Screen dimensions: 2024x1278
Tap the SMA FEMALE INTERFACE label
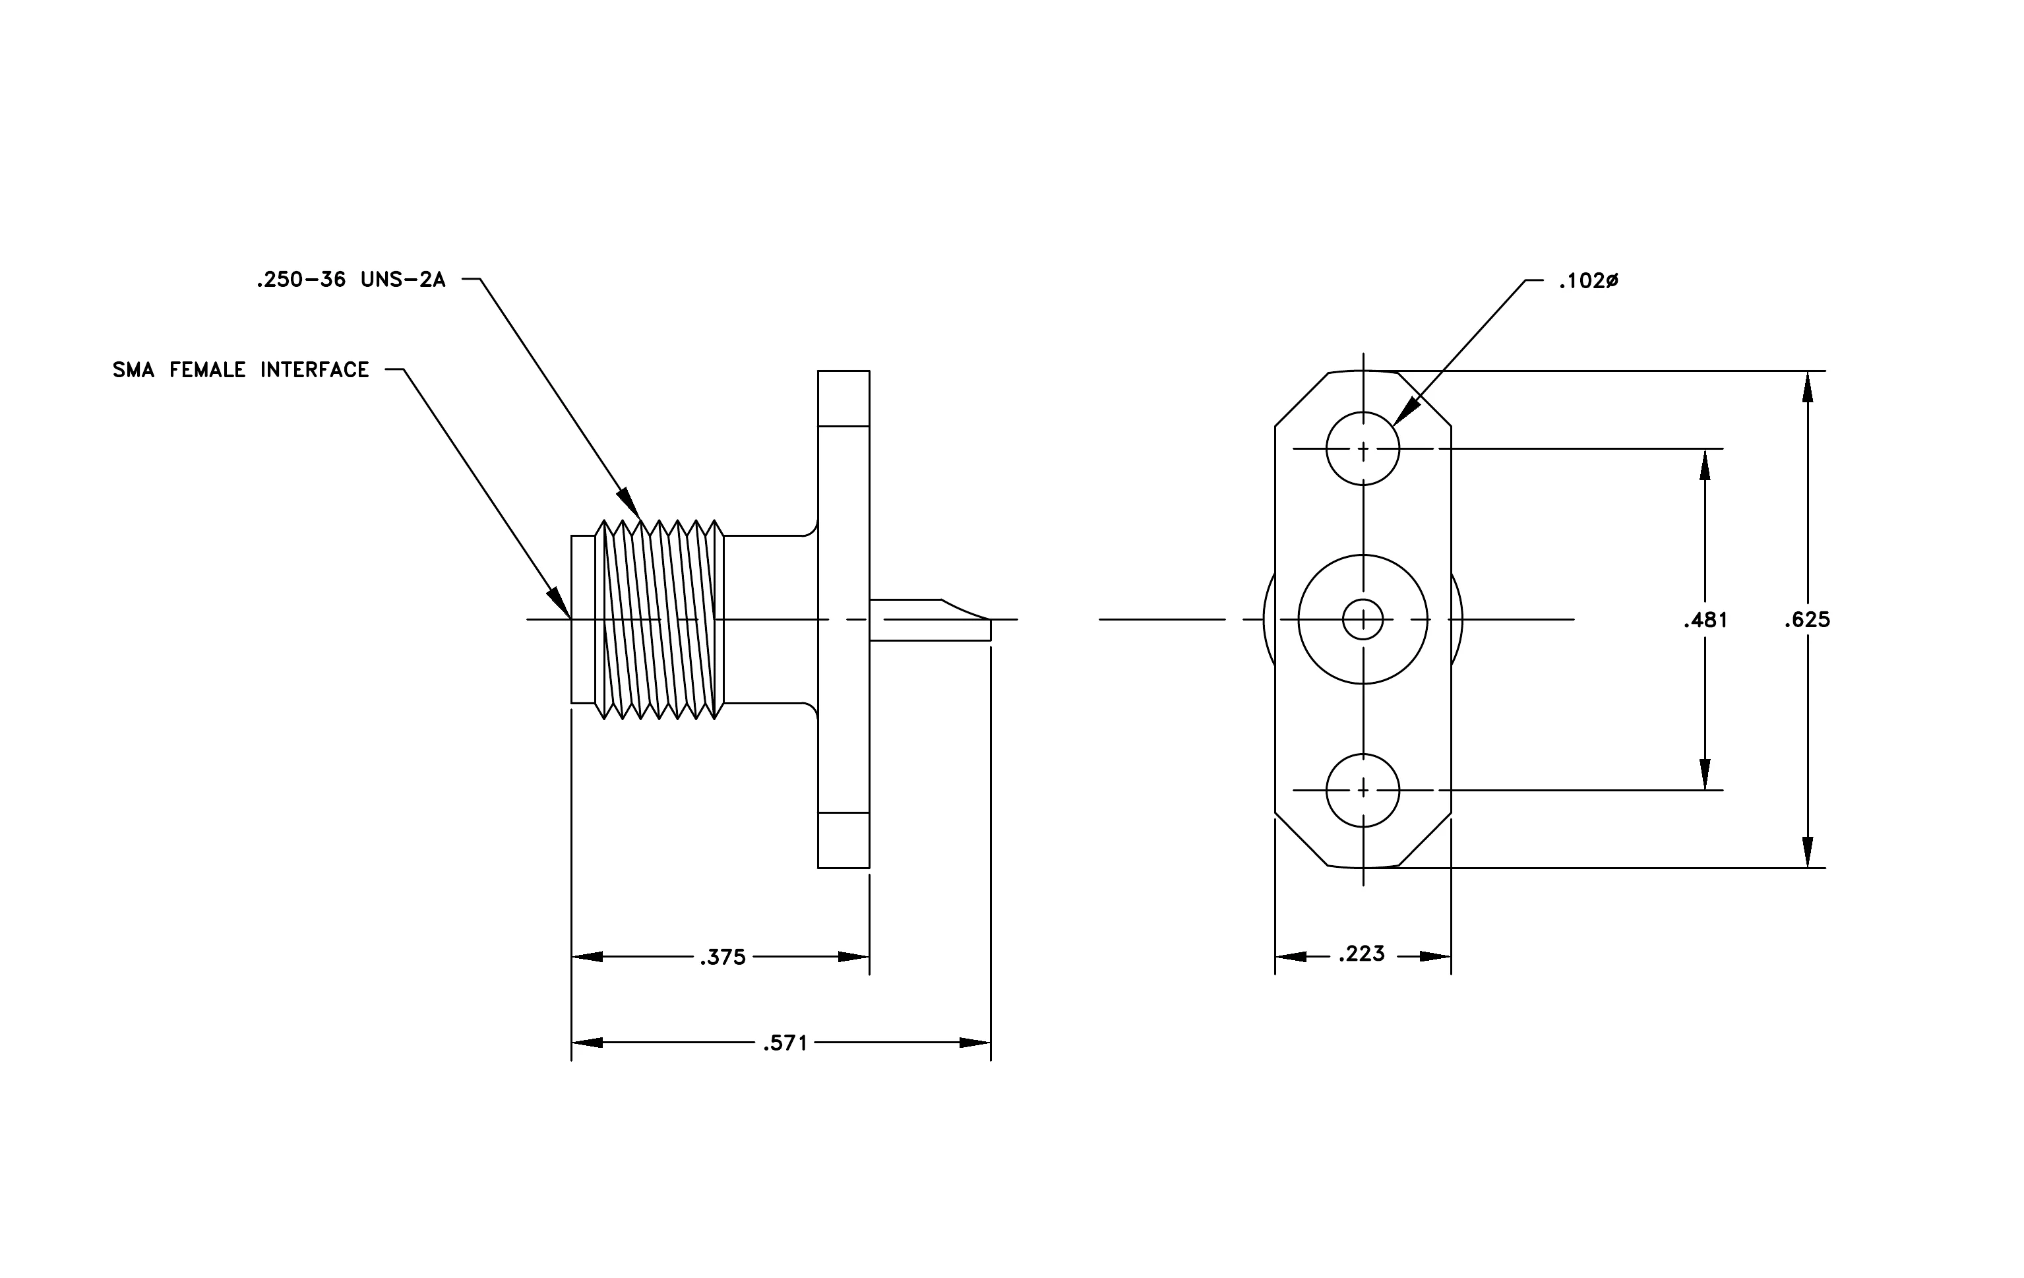coord(241,370)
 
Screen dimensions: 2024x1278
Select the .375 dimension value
coord(723,957)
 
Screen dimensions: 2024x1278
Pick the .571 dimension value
coord(785,1043)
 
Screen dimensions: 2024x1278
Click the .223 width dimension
coord(1362,954)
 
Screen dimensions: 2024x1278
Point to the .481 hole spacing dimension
coord(1705,620)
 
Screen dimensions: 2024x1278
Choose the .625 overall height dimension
coord(1807,620)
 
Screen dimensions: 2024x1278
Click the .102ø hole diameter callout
coord(1588,282)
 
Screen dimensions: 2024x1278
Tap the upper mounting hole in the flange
coord(1363,448)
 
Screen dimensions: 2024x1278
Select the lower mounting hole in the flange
coord(1363,791)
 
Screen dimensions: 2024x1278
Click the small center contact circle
coord(1363,620)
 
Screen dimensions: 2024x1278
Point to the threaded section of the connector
coord(659,620)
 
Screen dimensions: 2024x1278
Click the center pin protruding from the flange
coord(930,620)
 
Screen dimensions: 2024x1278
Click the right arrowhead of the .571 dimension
coord(975,1043)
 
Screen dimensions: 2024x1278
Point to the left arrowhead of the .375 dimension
coord(588,957)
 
